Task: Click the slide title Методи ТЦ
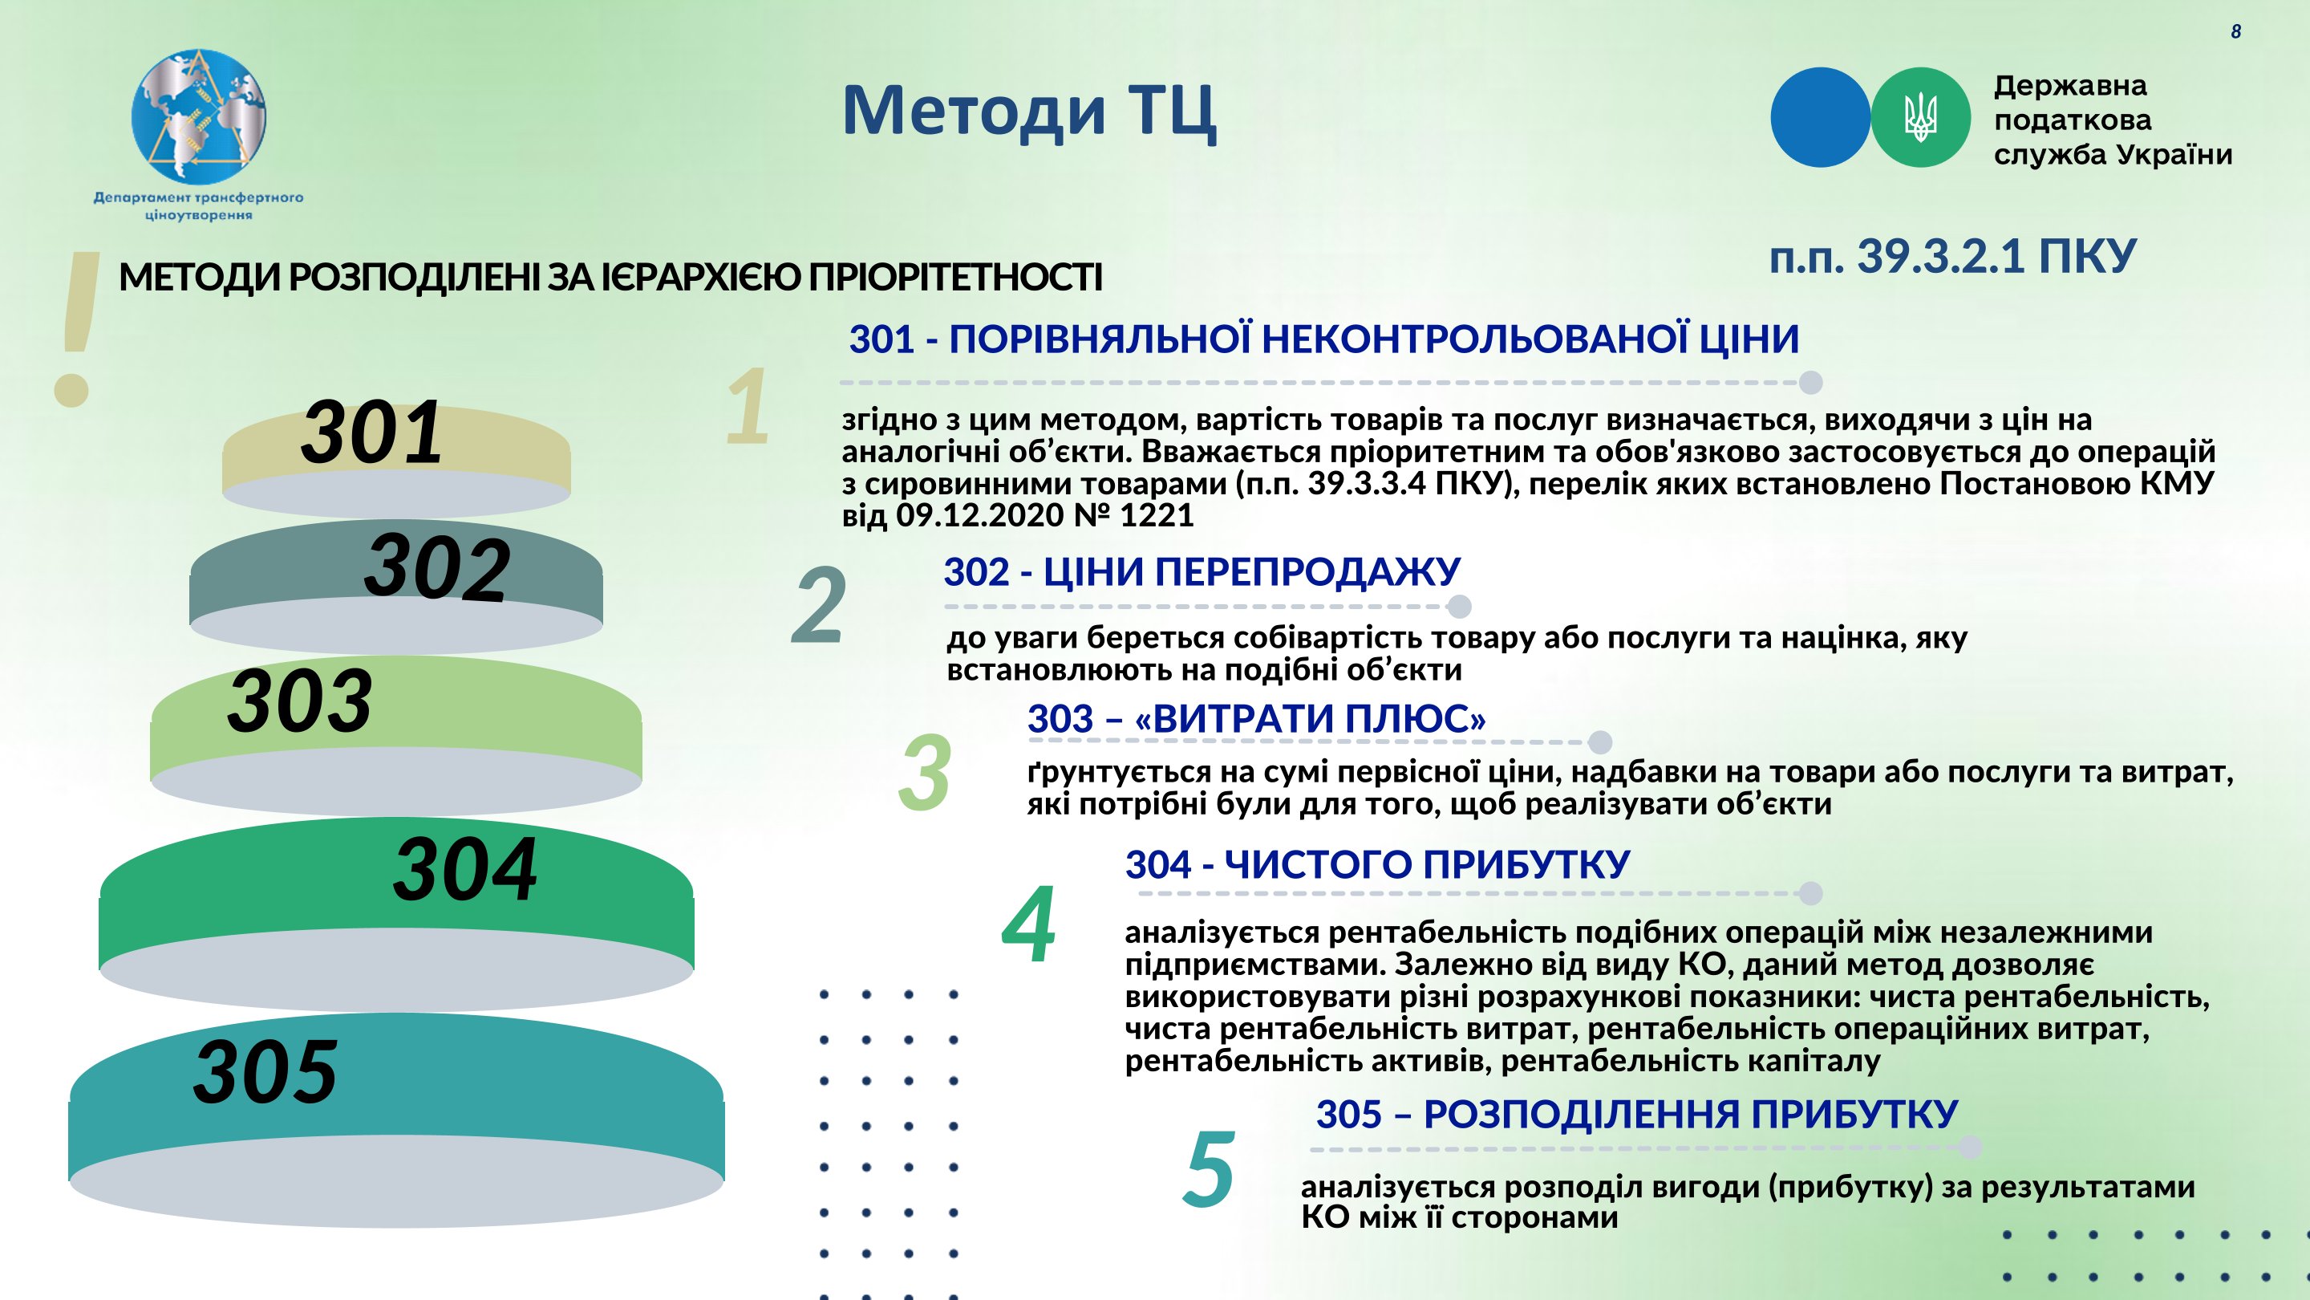click(x=1029, y=112)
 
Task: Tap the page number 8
click(x=2235, y=32)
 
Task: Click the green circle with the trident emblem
click(x=1921, y=117)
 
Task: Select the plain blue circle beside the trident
click(x=1821, y=117)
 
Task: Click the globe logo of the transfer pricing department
click(x=199, y=116)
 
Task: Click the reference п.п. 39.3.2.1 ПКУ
click(x=1953, y=257)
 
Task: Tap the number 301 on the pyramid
click(x=372, y=433)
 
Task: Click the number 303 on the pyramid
click(x=299, y=701)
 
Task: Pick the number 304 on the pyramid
click(x=465, y=868)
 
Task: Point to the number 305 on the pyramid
click(x=265, y=1071)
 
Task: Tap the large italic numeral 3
click(x=925, y=773)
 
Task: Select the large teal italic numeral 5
click(x=1209, y=1169)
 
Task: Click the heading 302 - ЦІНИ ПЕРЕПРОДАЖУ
click(x=1202, y=572)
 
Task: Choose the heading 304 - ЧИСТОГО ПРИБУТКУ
click(x=1377, y=866)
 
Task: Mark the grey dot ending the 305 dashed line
click(x=1970, y=1147)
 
